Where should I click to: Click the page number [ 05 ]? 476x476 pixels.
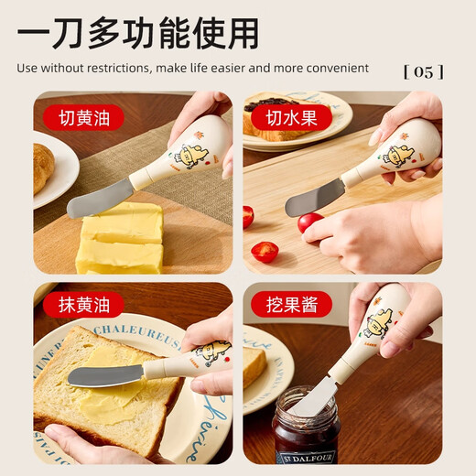coord(422,70)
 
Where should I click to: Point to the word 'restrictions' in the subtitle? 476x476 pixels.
coord(114,68)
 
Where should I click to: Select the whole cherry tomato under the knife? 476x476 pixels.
coord(309,222)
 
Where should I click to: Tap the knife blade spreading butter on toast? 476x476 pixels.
coord(105,375)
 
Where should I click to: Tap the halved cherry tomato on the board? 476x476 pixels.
coord(265,252)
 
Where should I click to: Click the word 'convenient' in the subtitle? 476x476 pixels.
coord(339,68)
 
